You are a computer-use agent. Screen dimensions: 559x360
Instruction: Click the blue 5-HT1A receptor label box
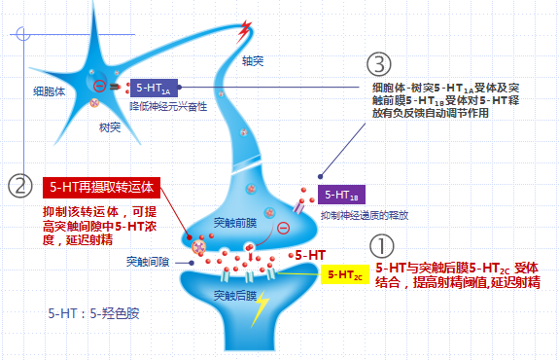154,88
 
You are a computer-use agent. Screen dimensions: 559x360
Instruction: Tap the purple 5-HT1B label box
341,195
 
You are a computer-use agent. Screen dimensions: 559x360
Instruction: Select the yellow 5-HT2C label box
345,274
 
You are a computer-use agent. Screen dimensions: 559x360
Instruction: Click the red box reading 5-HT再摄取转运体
102,188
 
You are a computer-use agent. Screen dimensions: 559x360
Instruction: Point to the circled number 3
378,64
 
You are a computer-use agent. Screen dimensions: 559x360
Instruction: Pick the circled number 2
20,186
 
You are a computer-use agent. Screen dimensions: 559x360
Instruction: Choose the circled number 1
381,246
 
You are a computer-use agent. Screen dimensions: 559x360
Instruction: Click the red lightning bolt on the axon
245,31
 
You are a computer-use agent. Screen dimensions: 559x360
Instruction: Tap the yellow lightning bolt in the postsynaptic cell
261,308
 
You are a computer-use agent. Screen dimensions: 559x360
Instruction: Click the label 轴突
253,61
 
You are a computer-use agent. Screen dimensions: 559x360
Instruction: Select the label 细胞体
50,91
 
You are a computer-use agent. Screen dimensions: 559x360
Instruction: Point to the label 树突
110,127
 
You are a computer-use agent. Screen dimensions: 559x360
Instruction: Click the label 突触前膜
235,223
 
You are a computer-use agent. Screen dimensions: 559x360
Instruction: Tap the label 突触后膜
235,296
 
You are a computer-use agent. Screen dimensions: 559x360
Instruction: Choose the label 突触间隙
148,262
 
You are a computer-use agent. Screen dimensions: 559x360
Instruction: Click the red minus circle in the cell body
99,86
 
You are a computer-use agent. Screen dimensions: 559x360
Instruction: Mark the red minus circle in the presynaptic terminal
284,228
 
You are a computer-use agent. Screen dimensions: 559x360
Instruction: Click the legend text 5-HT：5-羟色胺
93,313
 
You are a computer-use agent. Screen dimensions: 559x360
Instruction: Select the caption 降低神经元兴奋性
168,106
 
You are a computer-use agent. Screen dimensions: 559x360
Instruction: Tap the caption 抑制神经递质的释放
365,215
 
